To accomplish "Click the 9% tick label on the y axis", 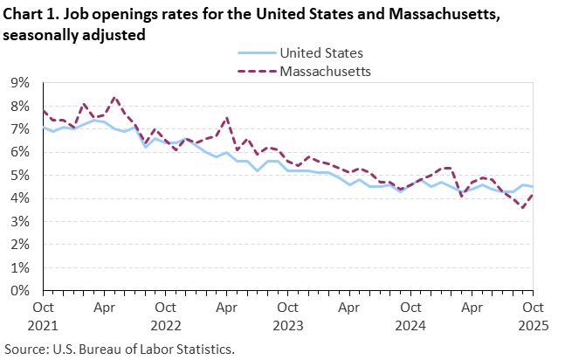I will tap(19, 83).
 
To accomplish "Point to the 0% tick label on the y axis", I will tap(19, 290).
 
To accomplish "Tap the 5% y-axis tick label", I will tap(19, 175).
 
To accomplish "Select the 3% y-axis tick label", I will tap(19, 221).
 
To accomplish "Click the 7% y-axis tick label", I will tap(19, 129).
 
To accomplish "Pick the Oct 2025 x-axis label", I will tap(532, 315).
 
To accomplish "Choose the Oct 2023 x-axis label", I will tap(287, 315).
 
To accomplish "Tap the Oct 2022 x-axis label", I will tap(165, 315).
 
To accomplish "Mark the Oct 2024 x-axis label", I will tap(410, 315).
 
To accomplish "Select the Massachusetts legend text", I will tap(326, 71).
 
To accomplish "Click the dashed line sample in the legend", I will tap(253, 71).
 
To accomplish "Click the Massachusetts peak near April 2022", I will tap(115, 97).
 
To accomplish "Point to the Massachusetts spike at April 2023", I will tap(227, 118).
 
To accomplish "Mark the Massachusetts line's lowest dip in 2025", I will tap(522, 208).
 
